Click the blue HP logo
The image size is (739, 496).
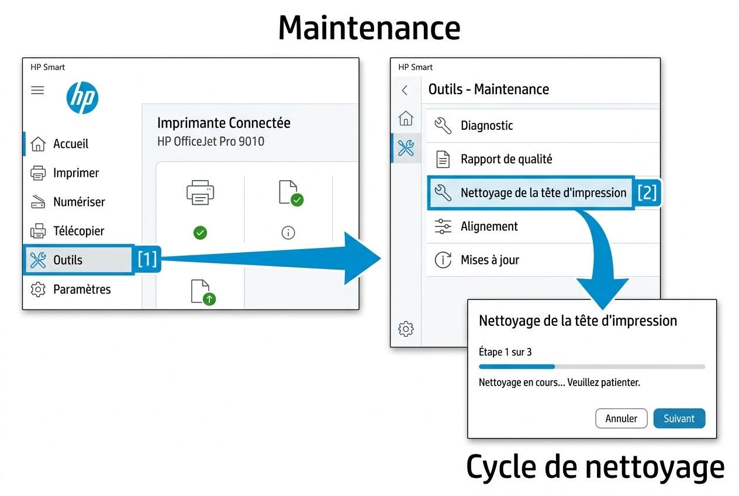click(x=82, y=98)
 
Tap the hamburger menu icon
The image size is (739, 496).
click(x=37, y=90)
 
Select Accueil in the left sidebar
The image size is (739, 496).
click(x=70, y=144)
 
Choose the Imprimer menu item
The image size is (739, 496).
click(x=75, y=173)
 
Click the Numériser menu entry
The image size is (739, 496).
click(x=78, y=202)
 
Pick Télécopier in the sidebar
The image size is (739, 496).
click(x=78, y=231)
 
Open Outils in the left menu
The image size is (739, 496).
click(x=67, y=260)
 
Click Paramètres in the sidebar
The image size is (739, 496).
click(x=81, y=290)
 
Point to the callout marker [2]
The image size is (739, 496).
click(x=647, y=192)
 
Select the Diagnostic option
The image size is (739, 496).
click(x=486, y=126)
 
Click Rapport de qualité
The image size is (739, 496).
click(x=506, y=159)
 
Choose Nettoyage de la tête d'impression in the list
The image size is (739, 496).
click(x=543, y=193)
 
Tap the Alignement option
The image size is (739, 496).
click(x=489, y=226)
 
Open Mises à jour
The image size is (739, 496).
click(x=489, y=260)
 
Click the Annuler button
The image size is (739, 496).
click(x=621, y=419)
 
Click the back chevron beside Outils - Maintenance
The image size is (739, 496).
click(x=405, y=90)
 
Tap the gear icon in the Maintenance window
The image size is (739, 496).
click(x=405, y=329)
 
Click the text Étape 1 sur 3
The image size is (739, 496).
click(x=505, y=352)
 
